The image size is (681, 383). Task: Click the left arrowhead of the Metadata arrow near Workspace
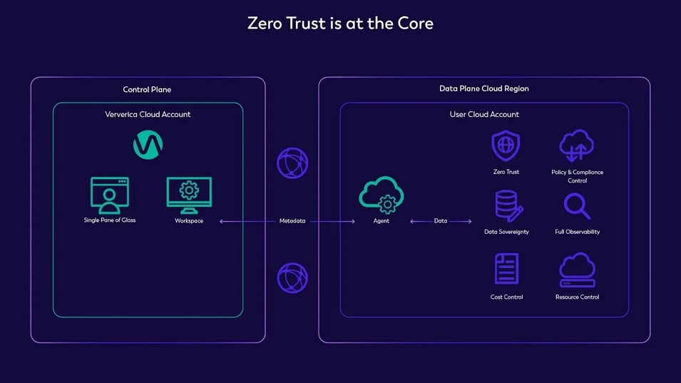[x=220, y=222]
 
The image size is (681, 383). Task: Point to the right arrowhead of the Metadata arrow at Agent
[x=355, y=222]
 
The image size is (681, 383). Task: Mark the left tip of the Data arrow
[x=411, y=222]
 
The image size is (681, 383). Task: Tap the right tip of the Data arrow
[x=471, y=222]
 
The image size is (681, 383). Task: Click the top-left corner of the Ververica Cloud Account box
[x=53, y=103]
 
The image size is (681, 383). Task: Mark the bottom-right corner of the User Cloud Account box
[x=628, y=317]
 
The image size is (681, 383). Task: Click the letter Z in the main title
[x=252, y=24]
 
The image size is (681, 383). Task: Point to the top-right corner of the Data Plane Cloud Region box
[x=650, y=78]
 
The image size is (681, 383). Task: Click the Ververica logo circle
[x=148, y=145]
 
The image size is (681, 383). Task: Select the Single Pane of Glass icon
[x=109, y=195]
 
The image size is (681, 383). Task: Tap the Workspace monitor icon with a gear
[x=189, y=195]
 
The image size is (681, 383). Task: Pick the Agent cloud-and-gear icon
[x=382, y=195]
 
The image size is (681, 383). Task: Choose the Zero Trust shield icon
[x=506, y=145]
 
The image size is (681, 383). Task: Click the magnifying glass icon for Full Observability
[x=577, y=206]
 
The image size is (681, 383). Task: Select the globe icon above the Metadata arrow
[x=293, y=163]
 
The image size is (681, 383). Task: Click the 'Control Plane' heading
[x=147, y=89]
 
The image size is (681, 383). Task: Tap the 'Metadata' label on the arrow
[x=292, y=221]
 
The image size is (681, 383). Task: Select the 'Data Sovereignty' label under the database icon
[x=506, y=232]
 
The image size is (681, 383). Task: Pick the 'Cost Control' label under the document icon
[x=506, y=297]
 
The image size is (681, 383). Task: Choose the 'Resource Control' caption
[x=577, y=297]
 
